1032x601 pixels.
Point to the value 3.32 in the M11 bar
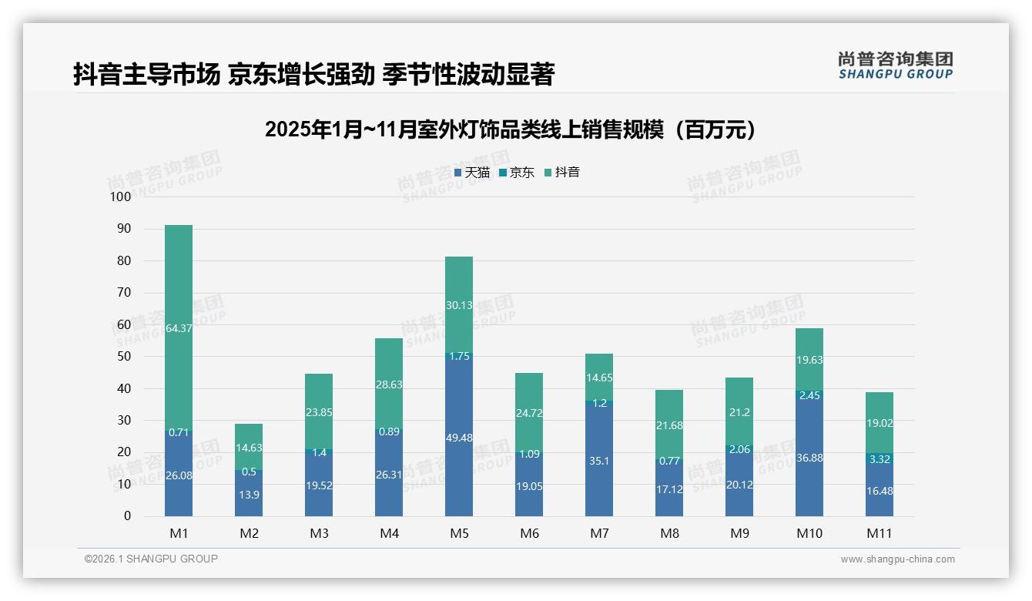click(879, 460)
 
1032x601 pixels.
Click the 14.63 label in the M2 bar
click(249, 446)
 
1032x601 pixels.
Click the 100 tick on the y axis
click(121, 197)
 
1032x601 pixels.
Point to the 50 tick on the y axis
click(123, 357)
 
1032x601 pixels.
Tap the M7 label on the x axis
click(599, 533)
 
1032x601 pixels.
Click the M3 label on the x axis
click(319, 533)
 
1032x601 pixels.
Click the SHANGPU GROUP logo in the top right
click(895, 65)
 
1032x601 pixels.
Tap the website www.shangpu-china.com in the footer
click(897, 559)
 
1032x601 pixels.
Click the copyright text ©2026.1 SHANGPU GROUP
click(151, 559)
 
